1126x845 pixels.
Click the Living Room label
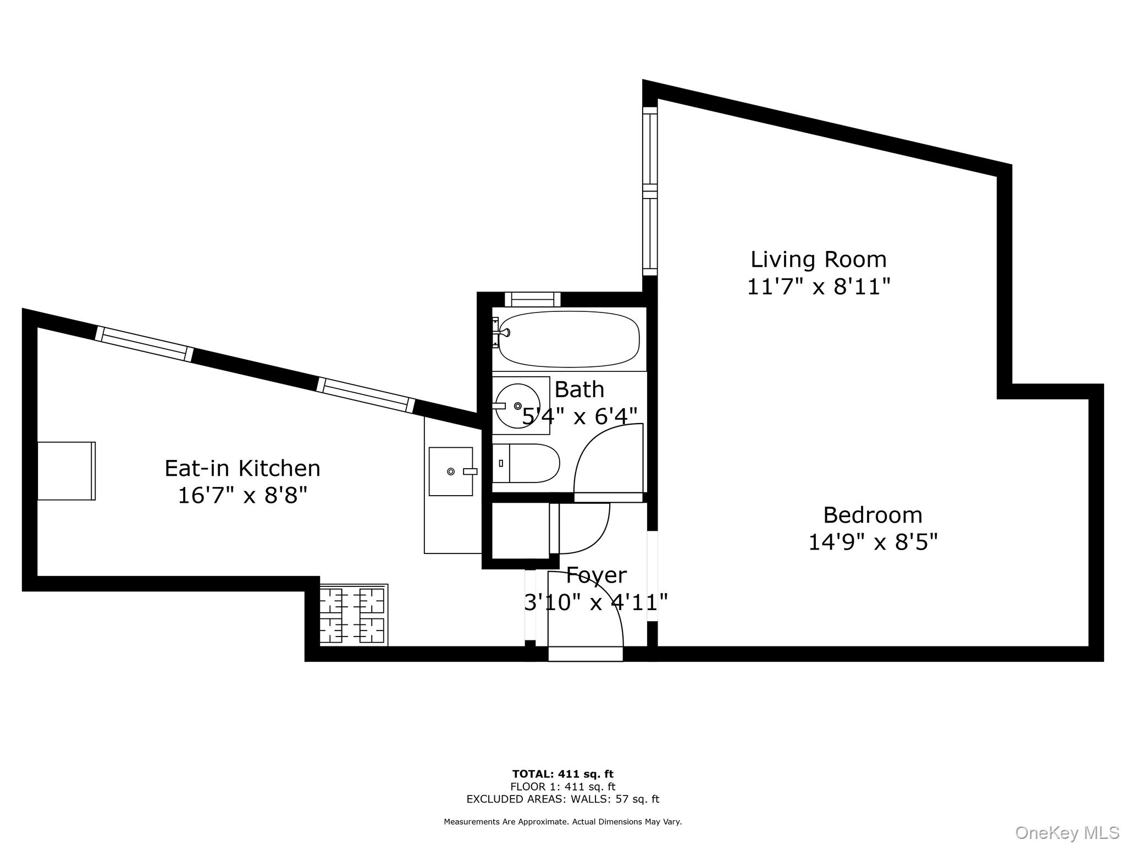[818, 260]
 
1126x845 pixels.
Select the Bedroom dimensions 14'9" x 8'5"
[872, 542]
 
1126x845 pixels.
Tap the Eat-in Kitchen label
[242, 469]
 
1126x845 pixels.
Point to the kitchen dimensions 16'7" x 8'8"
[242, 496]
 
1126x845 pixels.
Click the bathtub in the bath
[569, 339]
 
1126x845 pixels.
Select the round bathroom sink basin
[517, 406]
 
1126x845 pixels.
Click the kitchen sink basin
[450, 471]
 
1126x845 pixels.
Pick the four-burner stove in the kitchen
[353, 615]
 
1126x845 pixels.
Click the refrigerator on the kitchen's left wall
[66, 471]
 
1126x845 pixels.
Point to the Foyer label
[596, 575]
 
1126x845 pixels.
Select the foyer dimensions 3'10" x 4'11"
[596, 603]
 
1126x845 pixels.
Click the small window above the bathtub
[532, 299]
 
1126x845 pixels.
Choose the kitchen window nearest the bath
[366, 395]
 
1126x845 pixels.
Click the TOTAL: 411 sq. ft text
[562, 775]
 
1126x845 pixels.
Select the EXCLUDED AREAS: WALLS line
[562, 799]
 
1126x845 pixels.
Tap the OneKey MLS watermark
[1067, 833]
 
